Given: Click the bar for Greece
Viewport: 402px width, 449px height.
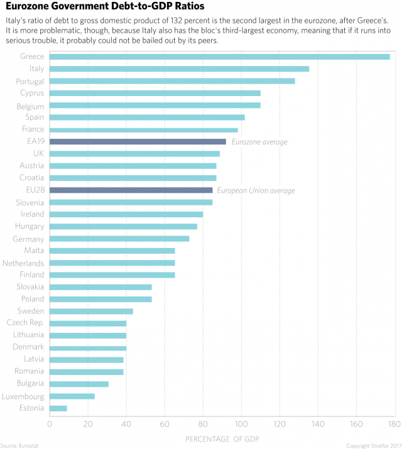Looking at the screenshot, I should [220, 57].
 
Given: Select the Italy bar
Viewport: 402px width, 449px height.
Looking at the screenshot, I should [179, 69].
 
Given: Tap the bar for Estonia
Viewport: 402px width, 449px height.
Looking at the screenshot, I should [58, 408].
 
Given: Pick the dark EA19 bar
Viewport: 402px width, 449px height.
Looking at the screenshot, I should [138, 142].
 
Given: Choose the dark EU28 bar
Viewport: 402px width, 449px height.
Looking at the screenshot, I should [131, 190].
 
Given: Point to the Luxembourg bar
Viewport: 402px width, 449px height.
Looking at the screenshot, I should [72, 396].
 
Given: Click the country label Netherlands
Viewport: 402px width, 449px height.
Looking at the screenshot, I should [23, 263].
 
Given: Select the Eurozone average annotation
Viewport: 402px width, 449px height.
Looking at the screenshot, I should [260, 143].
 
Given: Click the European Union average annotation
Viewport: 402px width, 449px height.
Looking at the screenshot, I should [256, 190].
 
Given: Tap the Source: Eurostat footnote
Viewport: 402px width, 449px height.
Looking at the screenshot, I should [17, 445].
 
